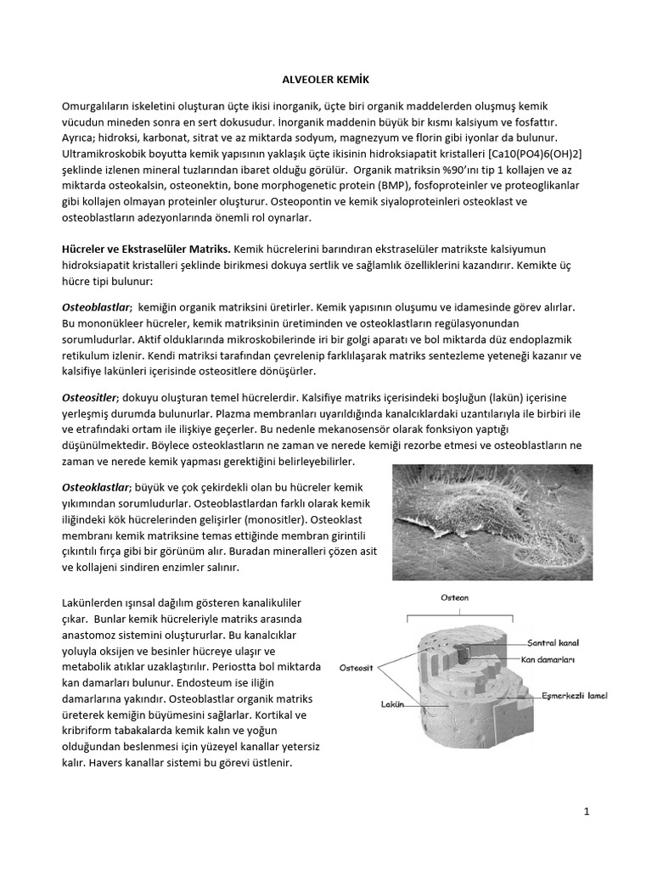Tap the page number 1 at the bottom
587,812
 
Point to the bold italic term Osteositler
92,373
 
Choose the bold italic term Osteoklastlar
96,487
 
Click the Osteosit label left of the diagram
357,667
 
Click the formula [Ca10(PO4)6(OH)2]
525,151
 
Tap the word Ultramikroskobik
110,151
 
